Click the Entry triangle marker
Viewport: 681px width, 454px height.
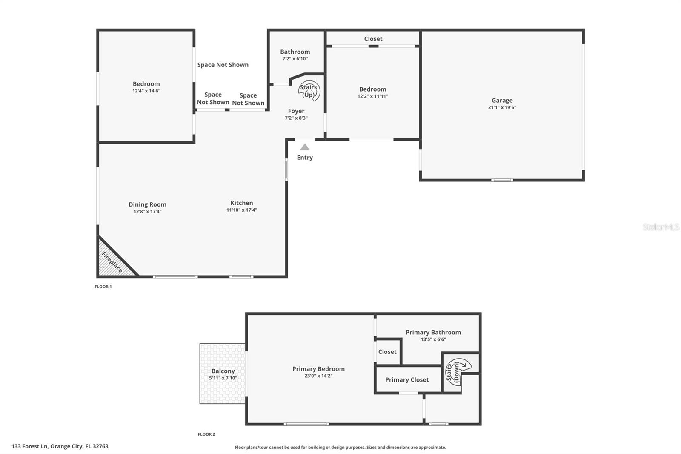coord(305,147)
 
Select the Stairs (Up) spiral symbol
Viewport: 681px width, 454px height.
coord(309,91)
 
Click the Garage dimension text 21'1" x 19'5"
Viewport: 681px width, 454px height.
coord(502,107)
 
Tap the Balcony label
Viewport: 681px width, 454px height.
coord(223,371)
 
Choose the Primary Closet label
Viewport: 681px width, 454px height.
coord(407,379)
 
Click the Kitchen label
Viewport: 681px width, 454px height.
coord(242,203)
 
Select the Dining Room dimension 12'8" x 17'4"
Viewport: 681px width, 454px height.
coord(147,211)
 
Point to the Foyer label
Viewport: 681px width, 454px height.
coord(296,111)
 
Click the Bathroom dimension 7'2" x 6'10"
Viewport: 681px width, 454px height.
coord(295,59)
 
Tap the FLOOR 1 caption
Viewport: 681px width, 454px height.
coord(103,287)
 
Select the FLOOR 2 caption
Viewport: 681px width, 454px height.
coord(206,434)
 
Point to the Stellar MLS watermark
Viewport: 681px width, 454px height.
coord(661,227)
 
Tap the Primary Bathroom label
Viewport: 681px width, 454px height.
coord(433,332)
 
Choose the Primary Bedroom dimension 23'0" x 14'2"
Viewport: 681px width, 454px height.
coord(318,376)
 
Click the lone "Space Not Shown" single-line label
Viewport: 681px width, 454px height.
coord(223,65)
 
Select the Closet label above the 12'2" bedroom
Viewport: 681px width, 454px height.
coord(373,39)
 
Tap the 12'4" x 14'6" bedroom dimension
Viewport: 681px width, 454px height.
coord(146,91)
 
